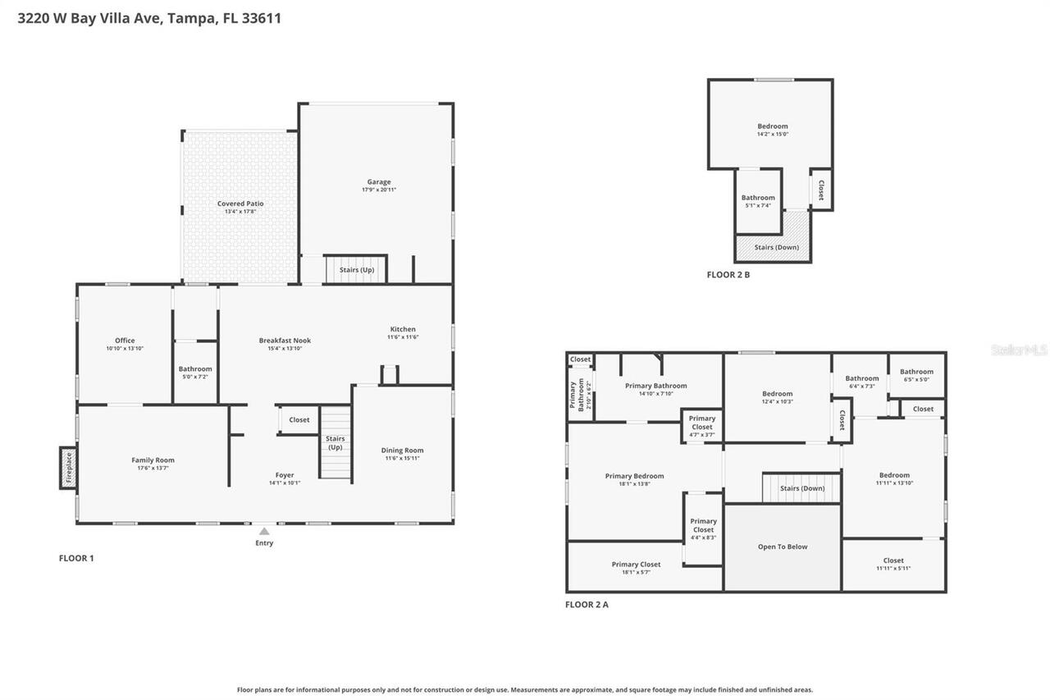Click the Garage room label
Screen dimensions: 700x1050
tap(378, 182)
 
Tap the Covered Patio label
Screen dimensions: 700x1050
tap(240, 204)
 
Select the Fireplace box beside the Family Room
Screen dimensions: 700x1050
tap(68, 468)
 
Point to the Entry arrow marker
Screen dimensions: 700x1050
tap(264, 532)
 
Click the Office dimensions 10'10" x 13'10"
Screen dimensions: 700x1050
tap(125, 349)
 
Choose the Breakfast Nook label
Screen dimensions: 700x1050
tap(285, 341)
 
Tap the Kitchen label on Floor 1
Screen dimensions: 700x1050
tap(403, 329)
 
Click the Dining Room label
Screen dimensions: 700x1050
tap(402, 450)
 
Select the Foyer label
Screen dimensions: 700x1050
tap(285, 475)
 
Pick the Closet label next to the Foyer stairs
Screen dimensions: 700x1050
tap(299, 420)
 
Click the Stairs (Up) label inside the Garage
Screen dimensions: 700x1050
tap(357, 269)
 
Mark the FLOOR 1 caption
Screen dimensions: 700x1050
tap(76, 559)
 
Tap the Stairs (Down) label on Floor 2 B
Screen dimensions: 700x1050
tap(776, 247)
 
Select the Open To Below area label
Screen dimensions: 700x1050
tap(783, 547)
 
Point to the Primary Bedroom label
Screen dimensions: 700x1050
tap(634, 476)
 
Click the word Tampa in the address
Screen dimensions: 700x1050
tap(191, 18)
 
